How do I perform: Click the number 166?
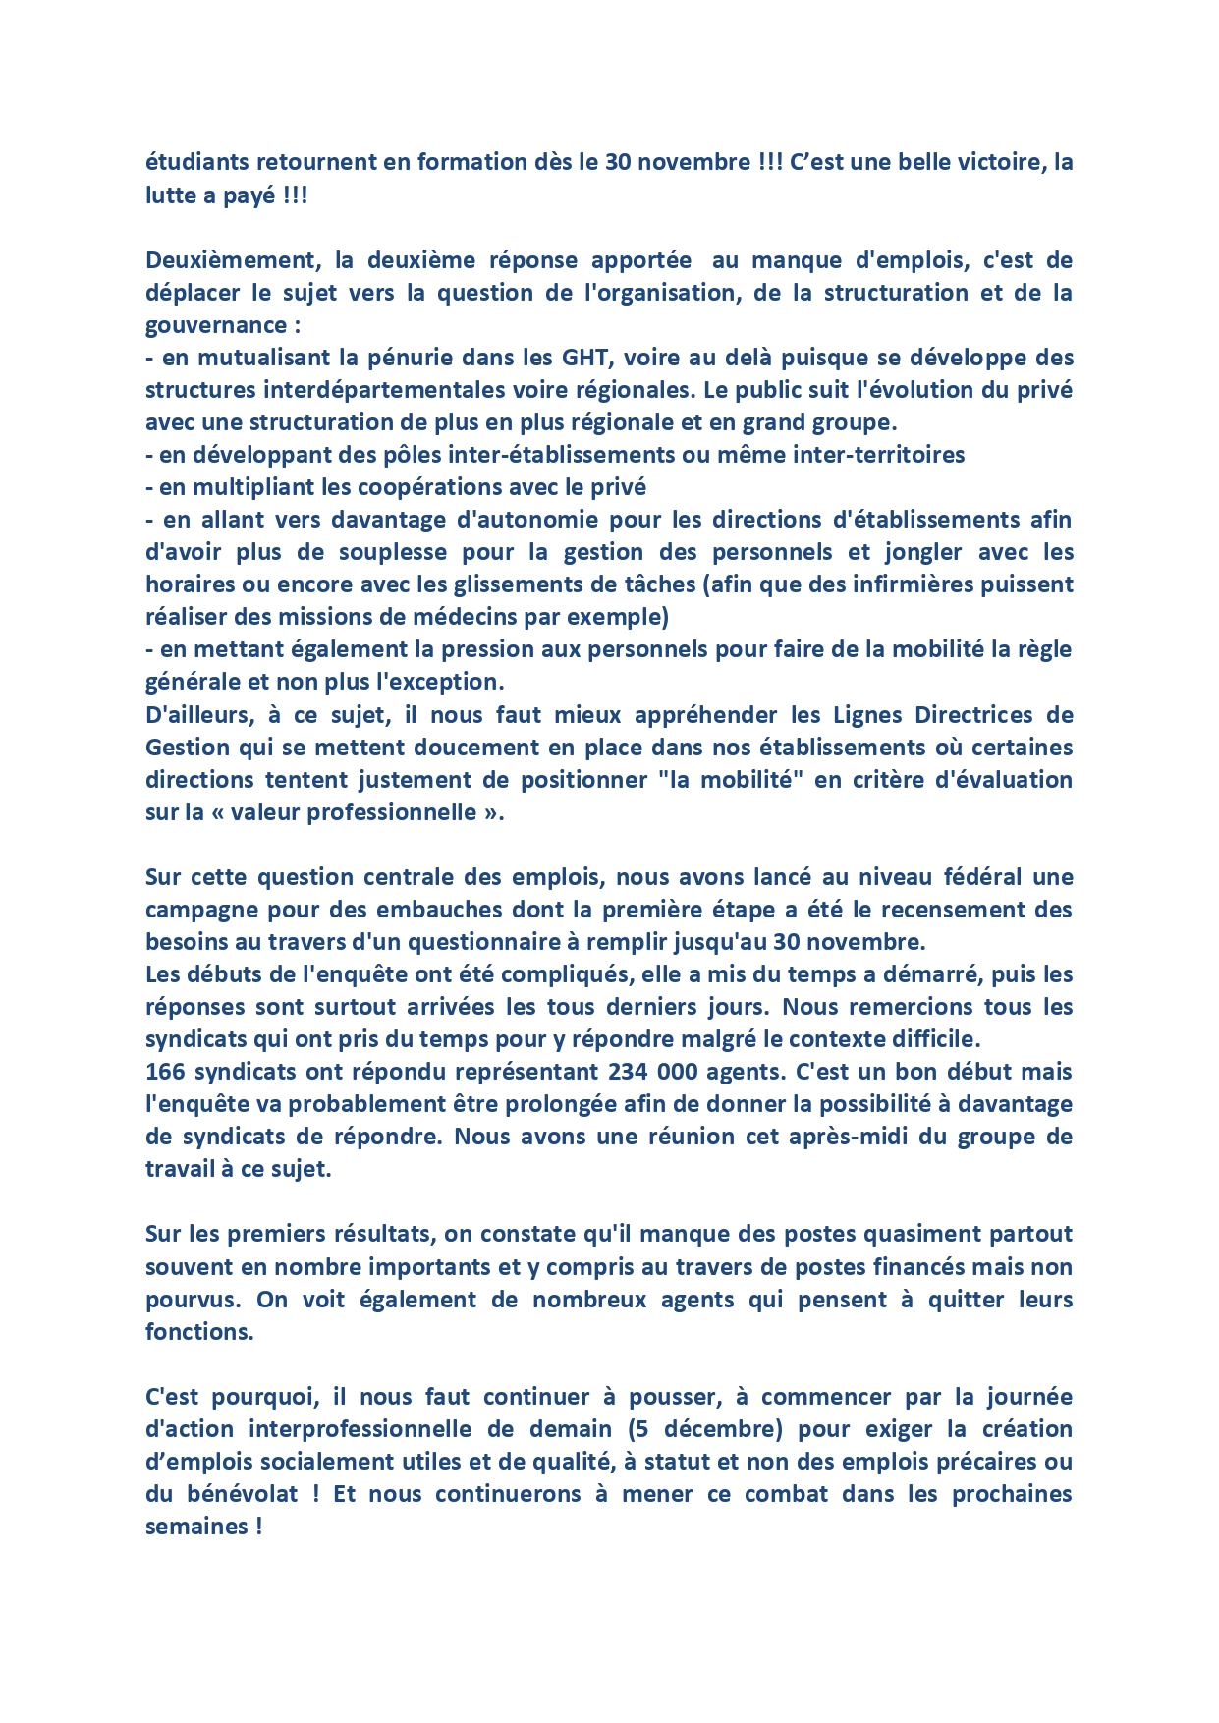(x=165, y=1072)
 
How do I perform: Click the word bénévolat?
(x=243, y=1494)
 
